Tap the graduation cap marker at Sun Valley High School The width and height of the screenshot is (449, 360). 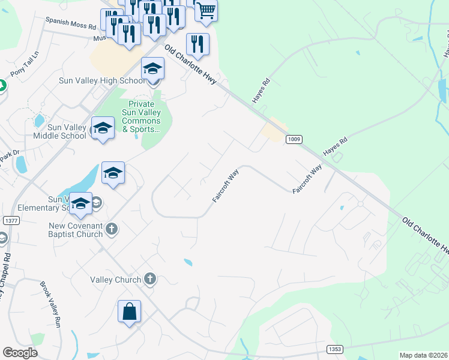tap(152, 68)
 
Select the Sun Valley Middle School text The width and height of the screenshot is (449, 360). tap(59, 131)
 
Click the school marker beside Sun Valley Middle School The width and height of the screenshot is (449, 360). tap(103, 128)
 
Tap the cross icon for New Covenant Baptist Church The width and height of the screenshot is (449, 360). tap(111, 229)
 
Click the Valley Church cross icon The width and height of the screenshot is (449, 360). tap(150, 279)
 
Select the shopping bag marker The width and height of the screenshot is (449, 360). tap(129, 311)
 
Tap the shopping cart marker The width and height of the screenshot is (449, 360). tap(206, 10)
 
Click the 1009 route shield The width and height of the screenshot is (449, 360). tap(294, 139)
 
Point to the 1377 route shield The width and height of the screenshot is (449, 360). tap(11, 221)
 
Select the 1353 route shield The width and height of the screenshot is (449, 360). tap(335, 349)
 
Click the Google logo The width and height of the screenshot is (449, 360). tap(20, 353)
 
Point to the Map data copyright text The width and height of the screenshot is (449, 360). tap(423, 355)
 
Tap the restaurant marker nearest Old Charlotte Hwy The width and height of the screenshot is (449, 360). tap(197, 44)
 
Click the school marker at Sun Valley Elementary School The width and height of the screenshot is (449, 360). tap(80, 204)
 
